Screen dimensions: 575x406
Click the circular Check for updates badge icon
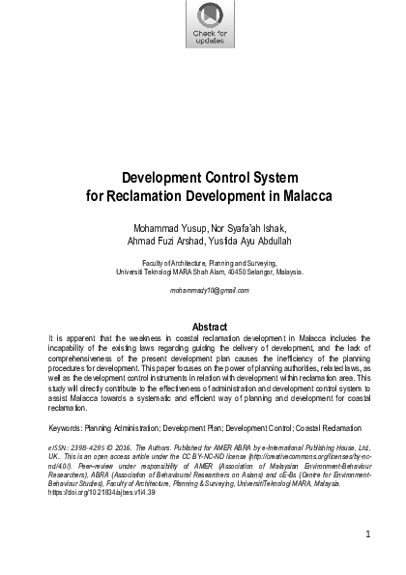coord(203,14)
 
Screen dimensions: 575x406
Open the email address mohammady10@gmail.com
coord(203,290)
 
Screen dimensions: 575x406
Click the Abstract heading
coord(203,326)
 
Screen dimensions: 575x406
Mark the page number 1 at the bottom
coord(368,532)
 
